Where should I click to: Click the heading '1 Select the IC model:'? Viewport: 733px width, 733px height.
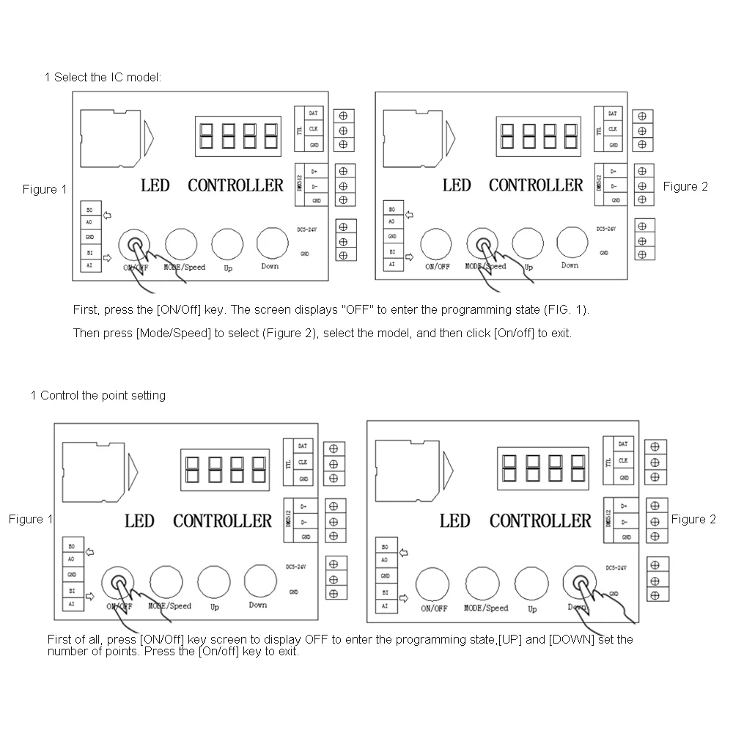[x=103, y=77]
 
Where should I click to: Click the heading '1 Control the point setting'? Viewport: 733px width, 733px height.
[x=98, y=396]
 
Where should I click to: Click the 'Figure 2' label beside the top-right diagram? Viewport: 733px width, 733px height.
[x=685, y=186]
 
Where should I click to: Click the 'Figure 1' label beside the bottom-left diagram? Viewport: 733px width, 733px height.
[x=31, y=519]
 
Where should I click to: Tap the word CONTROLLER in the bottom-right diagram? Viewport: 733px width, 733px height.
[x=539, y=521]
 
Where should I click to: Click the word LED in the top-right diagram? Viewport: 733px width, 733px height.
[x=457, y=185]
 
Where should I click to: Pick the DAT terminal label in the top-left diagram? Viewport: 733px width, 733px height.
[x=313, y=114]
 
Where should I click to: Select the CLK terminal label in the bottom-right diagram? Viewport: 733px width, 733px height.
[x=623, y=461]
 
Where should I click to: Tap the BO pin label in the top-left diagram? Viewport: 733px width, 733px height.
[x=89, y=210]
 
